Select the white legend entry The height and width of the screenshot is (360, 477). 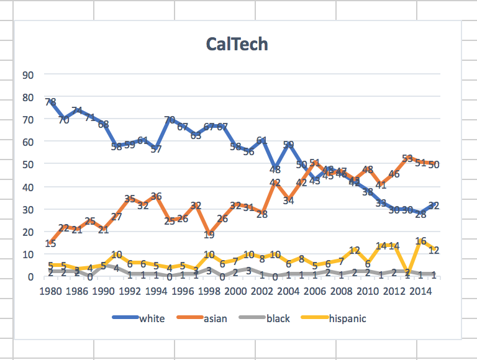(x=152, y=318)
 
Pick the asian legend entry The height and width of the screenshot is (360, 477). (x=215, y=318)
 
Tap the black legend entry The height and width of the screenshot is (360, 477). (x=278, y=318)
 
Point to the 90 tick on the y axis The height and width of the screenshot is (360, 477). (x=27, y=74)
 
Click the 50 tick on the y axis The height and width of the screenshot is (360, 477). (x=27, y=164)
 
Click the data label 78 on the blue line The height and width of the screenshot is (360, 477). (x=51, y=102)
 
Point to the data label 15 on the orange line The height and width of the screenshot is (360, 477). (x=51, y=244)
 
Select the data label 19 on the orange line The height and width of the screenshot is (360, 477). (x=209, y=235)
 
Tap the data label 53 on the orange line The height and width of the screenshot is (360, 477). (x=407, y=159)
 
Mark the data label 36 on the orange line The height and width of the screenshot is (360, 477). (x=156, y=197)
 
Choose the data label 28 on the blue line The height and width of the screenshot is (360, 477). (x=420, y=214)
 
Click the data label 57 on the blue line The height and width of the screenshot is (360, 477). (x=156, y=150)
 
